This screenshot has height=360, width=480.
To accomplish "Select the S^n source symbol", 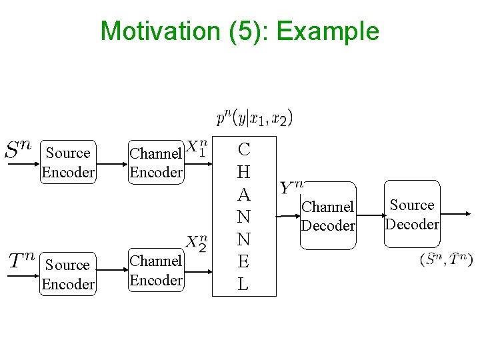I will click(20, 149).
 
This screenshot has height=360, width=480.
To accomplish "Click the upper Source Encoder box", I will click(68, 163).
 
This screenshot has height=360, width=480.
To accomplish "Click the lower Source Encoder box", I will click(68, 275).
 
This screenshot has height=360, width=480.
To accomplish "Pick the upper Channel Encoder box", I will click(156, 163).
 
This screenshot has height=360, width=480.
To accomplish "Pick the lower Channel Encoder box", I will click(156, 270).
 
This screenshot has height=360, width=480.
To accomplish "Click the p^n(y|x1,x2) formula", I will click(254, 119).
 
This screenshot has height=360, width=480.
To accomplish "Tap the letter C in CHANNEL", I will click(244, 149).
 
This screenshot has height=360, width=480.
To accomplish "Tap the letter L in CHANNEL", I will click(244, 284).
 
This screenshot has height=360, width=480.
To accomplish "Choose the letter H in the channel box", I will click(244, 172).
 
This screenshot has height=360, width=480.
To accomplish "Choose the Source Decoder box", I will click(412, 215).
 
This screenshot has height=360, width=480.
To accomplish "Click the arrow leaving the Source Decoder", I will click(456, 215).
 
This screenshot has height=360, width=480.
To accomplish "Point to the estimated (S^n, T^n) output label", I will click(446, 259).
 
